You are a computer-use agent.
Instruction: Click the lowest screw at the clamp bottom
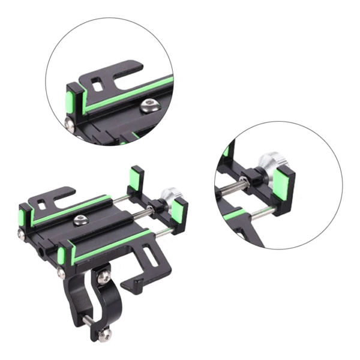click(107, 334)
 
